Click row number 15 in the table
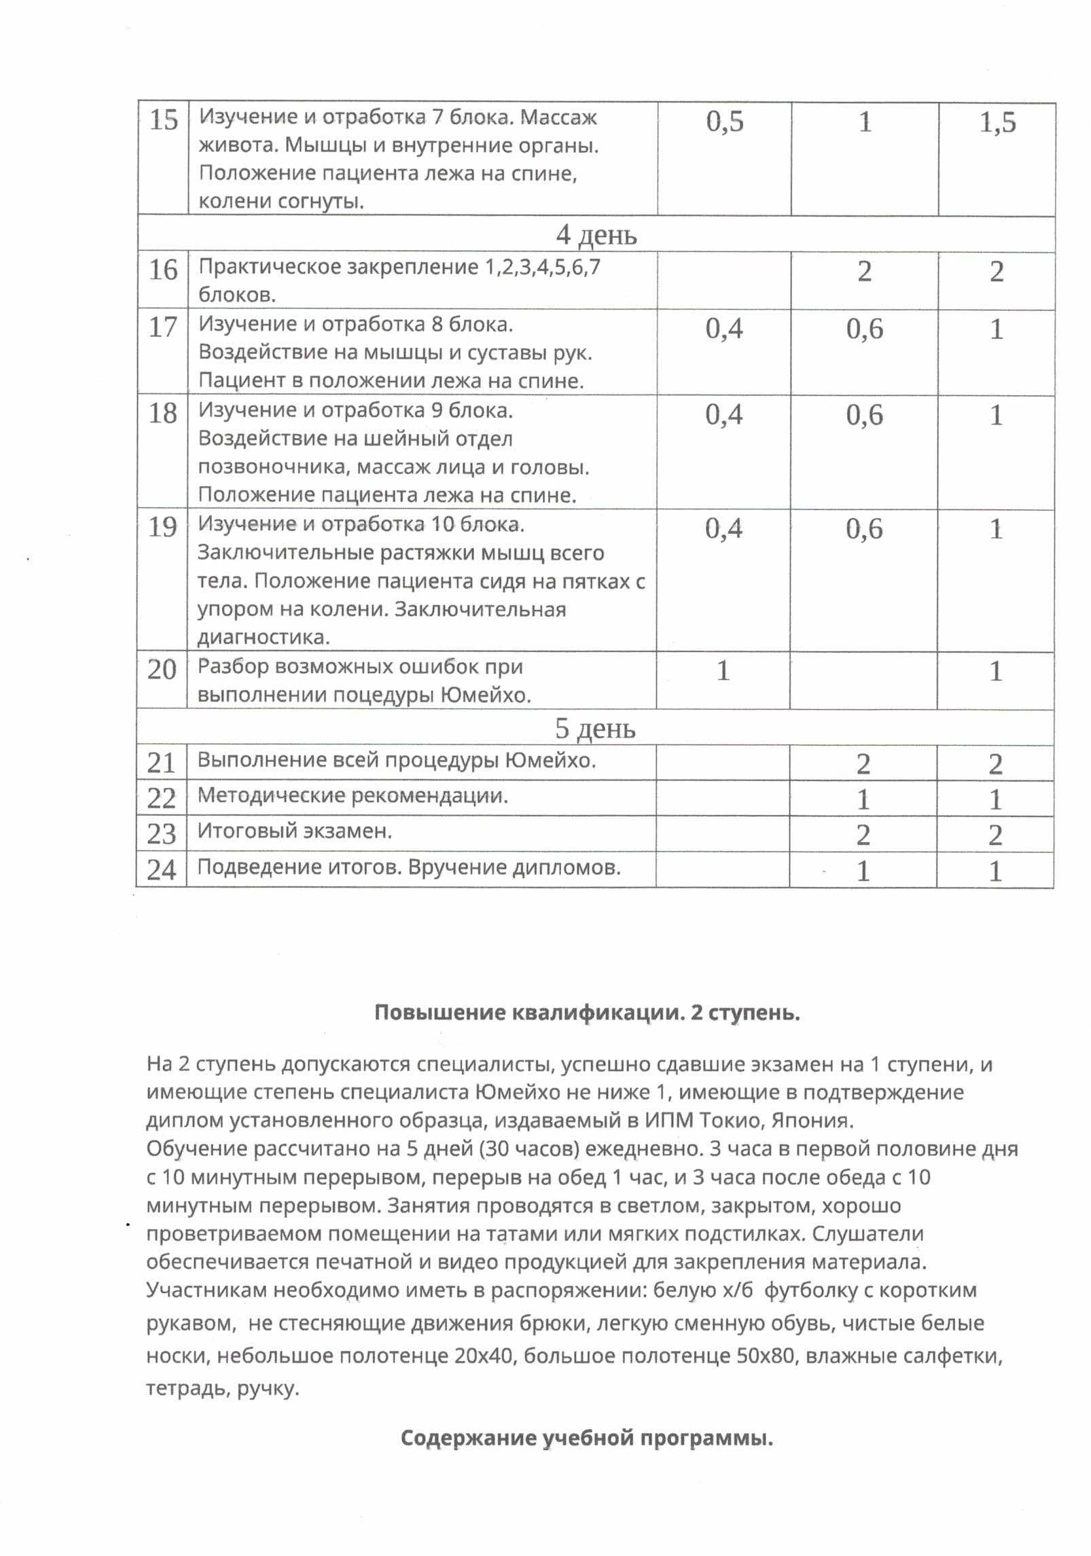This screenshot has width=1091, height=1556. (163, 120)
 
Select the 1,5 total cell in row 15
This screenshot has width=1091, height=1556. (997, 122)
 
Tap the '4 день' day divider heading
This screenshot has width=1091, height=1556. (596, 235)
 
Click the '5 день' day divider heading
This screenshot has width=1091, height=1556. (595, 728)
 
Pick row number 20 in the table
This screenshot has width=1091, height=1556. (162, 670)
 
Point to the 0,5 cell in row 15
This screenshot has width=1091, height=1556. (725, 122)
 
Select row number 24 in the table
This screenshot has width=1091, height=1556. (161, 870)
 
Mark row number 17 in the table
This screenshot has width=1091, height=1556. (162, 327)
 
